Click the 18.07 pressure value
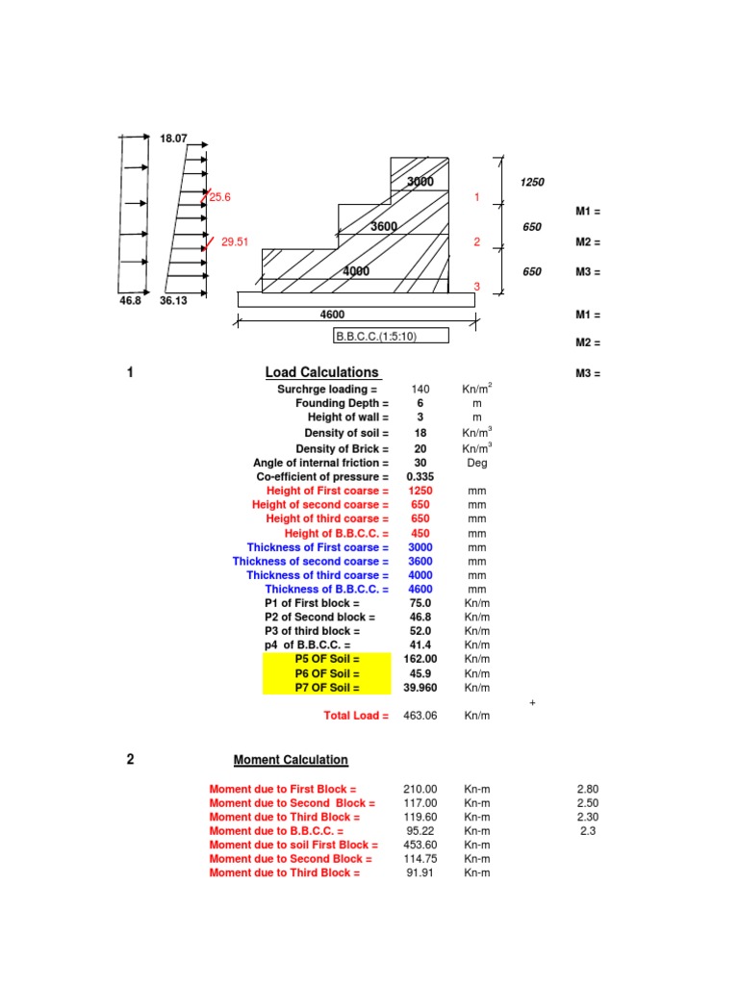(173, 139)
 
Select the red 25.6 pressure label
(220, 197)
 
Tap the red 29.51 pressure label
(235, 241)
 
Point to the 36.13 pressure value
(173, 301)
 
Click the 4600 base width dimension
(332, 315)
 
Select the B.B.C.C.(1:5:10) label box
(391, 336)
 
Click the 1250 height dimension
(532, 182)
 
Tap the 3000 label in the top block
(420, 182)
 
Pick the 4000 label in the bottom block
(356, 271)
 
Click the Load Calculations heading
(321, 372)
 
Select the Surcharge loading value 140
(420, 390)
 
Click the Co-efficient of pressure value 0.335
(420, 477)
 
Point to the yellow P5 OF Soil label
(327, 659)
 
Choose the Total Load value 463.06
(420, 716)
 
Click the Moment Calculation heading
(291, 760)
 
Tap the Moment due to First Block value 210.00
(420, 789)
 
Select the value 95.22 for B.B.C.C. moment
(420, 831)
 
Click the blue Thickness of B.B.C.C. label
(327, 590)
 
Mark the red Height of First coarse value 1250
(420, 491)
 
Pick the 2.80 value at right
(588, 789)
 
